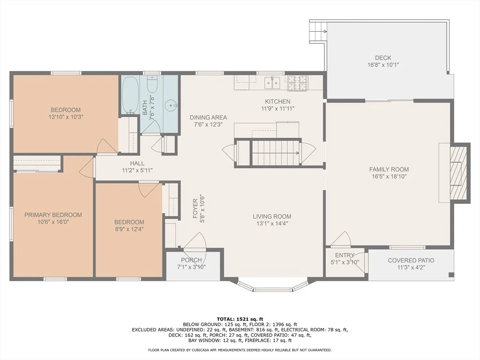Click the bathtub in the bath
[130, 95]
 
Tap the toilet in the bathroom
[152, 84]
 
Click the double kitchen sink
[272, 82]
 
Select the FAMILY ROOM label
[389, 169]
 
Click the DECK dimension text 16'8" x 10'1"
[383, 65]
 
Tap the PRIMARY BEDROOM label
[53, 215]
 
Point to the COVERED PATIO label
[411, 261]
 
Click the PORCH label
[191, 260]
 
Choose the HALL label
[137, 164]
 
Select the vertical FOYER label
[195, 209]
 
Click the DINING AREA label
[209, 117]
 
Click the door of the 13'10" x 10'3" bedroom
[105, 146]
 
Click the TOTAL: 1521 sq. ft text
[240, 319]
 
